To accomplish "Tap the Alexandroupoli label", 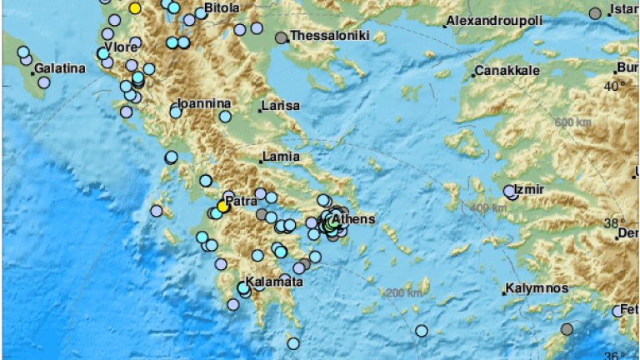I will (x=493, y=20).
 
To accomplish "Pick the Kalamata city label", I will (x=274, y=282).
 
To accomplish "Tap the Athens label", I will (x=356, y=219).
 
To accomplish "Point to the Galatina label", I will (x=59, y=69).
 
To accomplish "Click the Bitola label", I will (x=222, y=7).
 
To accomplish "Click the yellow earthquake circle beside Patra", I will (x=222, y=205).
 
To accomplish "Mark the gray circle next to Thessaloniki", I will (x=282, y=37).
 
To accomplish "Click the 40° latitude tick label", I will (x=614, y=86).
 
